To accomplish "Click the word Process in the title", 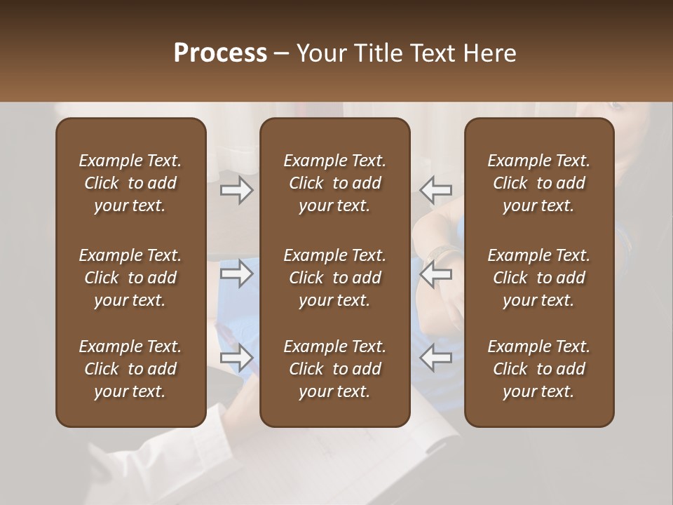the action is [220, 53].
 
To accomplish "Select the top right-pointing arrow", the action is [236, 190].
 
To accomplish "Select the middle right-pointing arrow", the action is [236, 274].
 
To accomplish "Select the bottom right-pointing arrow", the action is [236, 358].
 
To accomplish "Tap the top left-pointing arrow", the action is [435, 190].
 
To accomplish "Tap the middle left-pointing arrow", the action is [435, 274].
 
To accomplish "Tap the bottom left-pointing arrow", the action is [435, 358].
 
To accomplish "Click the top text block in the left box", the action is [130, 183].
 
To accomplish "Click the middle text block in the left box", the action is [130, 278].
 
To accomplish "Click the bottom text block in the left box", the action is [130, 369].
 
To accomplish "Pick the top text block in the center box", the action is [334, 183].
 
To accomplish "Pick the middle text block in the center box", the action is [334, 278].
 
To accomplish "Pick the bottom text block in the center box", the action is [334, 369].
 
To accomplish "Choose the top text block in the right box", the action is [538, 183].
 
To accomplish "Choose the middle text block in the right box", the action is [538, 278].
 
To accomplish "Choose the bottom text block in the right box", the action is [538, 369].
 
